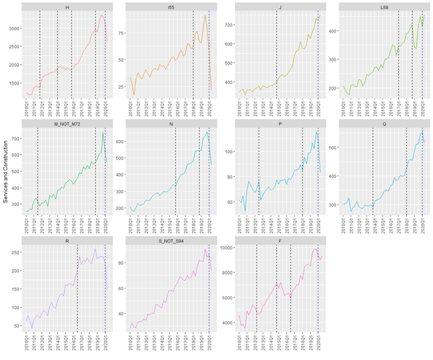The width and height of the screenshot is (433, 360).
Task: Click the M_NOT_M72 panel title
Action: [x=67, y=123]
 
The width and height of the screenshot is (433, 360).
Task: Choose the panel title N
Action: [x=172, y=123]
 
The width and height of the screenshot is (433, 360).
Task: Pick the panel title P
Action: [x=277, y=123]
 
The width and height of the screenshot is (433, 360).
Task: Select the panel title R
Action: [x=67, y=240]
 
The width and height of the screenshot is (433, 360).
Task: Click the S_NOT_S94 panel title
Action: [x=172, y=240]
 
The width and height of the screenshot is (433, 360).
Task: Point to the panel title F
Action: [x=277, y=240]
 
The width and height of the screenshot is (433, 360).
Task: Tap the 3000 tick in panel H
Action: [x=15, y=29]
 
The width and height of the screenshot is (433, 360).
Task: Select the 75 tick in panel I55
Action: [x=122, y=32]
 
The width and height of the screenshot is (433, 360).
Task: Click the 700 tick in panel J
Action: [x=227, y=25]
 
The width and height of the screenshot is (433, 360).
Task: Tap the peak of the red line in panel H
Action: [x=100, y=15]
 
